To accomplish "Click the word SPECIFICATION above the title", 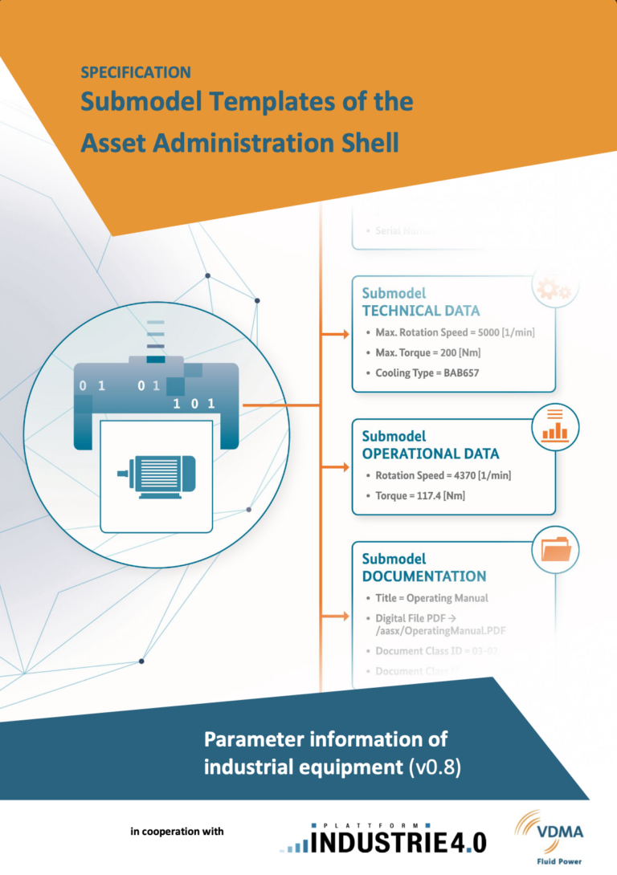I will (x=136, y=72).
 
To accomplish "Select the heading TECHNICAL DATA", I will (x=421, y=311).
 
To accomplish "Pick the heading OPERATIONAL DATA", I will (x=431, y=454).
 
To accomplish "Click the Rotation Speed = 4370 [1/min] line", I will (x=443, y=476).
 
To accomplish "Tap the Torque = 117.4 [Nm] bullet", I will (x=420, y=496).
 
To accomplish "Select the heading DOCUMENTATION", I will (x=423, y=576).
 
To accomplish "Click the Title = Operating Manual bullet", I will (x=431, y=598).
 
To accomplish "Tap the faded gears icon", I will (x=554, y=290).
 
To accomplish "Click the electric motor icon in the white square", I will (x=157, y=478).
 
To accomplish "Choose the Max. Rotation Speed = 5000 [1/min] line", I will (x=455, y=332).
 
